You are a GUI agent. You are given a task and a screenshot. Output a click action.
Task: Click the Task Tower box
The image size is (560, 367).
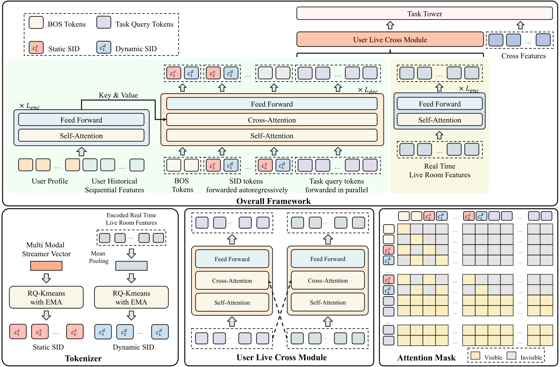(424, 14)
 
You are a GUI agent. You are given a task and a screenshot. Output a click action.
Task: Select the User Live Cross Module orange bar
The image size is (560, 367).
(390, 39)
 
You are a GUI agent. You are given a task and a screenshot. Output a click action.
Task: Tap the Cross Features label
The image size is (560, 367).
(524, 56)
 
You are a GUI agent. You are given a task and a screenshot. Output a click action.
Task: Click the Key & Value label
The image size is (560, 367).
(118, 95)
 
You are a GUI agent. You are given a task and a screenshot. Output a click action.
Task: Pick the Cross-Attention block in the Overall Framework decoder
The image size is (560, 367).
(272, 120)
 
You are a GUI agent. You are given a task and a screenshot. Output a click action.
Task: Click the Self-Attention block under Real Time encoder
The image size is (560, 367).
(440, 120)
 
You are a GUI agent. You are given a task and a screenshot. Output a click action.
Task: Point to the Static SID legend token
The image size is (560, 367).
(36, 48)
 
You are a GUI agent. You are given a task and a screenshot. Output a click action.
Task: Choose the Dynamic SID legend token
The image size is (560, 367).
(104, 48)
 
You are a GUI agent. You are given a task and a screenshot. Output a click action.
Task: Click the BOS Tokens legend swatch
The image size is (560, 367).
(36, 23)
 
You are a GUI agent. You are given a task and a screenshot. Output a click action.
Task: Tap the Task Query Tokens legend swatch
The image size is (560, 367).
(104, 23)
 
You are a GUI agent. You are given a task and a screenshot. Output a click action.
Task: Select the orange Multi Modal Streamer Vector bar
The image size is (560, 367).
(46, 266)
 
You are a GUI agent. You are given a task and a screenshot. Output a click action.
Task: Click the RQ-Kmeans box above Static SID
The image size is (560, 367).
(46, 297)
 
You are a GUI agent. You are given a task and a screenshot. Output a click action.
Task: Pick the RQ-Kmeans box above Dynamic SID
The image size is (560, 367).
(131, 297)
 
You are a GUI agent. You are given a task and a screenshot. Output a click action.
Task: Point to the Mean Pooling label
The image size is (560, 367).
(99, 257)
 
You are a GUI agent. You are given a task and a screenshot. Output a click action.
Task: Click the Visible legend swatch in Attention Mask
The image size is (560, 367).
(475, 355)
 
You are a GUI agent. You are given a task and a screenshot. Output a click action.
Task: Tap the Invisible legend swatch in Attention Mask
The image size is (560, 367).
(512, 355)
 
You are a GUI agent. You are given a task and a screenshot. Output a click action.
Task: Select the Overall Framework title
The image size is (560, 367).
(274, 201)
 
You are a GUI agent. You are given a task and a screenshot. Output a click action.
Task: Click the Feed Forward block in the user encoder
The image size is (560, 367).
(81, 120)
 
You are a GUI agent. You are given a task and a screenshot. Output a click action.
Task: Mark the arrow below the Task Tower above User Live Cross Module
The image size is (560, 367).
(390, 25)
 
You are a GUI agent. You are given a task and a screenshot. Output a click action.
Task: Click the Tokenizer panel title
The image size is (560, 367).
(83, 358)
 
